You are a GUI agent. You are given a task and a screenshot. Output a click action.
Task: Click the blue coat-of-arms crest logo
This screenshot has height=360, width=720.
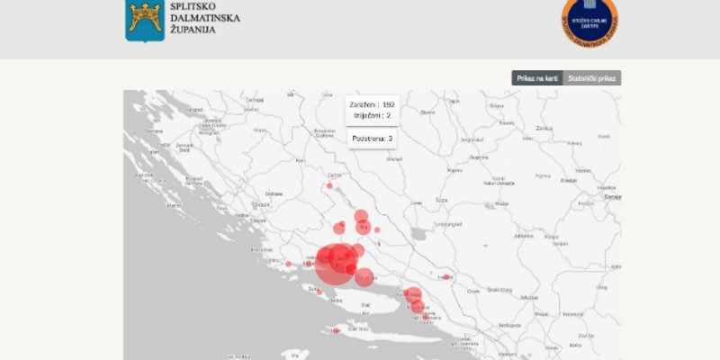(x=144, y=20)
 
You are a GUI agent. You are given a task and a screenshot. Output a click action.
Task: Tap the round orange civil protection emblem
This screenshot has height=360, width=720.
(x=589, y=20)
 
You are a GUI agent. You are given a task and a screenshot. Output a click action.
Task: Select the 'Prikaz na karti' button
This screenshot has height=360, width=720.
(x=537, y=78)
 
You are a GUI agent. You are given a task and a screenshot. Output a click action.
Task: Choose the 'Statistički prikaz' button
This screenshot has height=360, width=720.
(x=592, y=78)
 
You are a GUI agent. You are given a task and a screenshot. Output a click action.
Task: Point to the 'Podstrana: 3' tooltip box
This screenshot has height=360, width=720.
(x=372, y=139)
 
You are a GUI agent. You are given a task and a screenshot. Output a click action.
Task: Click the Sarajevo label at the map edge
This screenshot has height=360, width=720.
(x=613, y=196)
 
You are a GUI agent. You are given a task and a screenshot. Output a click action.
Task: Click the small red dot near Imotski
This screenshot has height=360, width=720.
(x=445, y=277)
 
